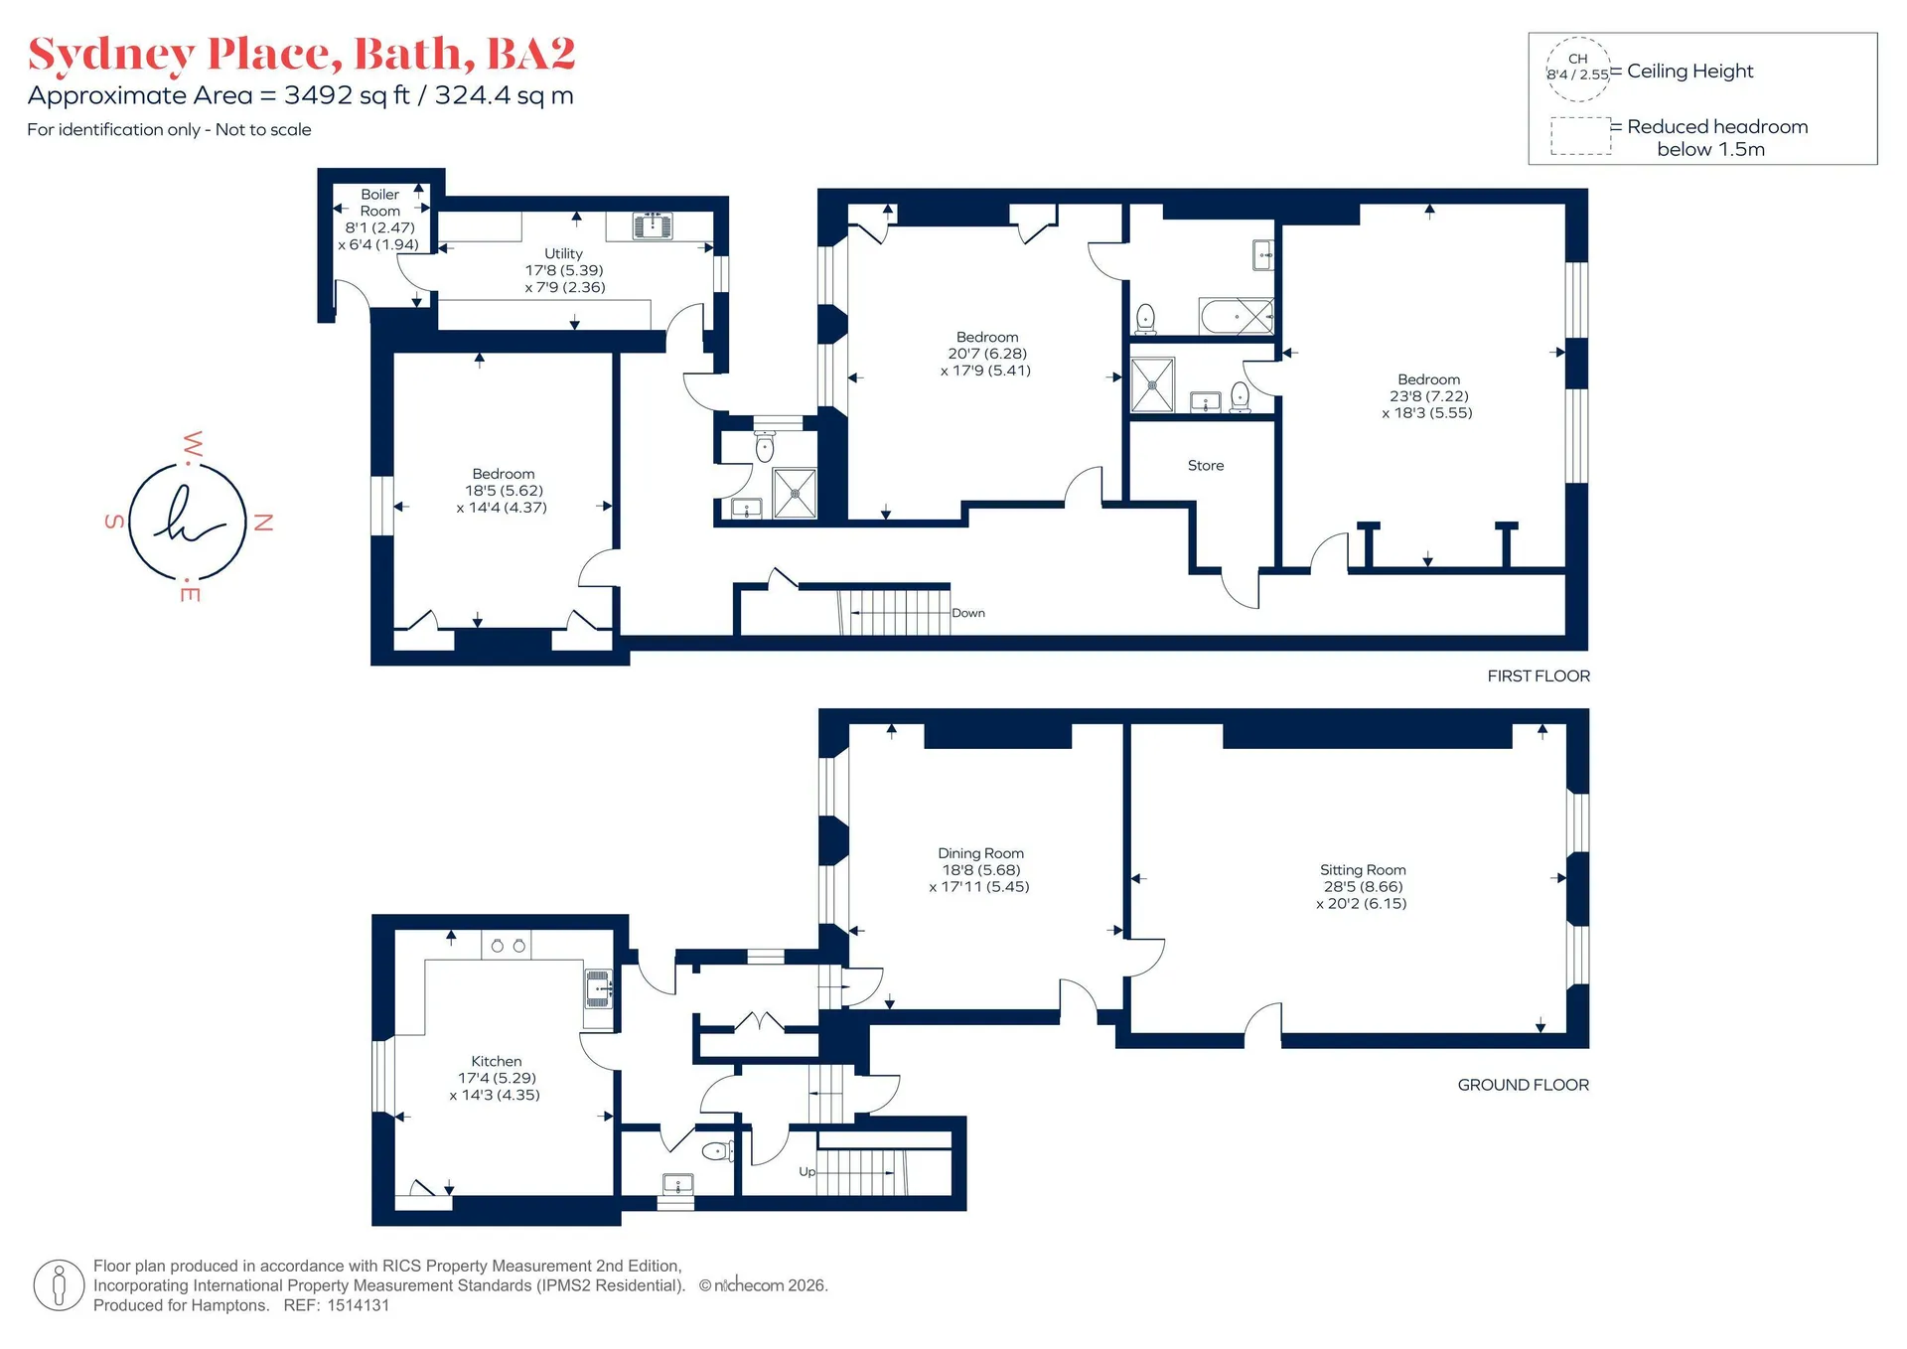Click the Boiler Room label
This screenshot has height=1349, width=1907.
coord(380,203)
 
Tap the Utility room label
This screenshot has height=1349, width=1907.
coord(563,253)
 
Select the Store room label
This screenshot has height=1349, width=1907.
coord(1206,465)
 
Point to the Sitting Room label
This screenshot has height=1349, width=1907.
coord(1363,869)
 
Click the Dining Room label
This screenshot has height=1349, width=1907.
coord(980,852)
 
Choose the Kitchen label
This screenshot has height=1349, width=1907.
coord(496,1061)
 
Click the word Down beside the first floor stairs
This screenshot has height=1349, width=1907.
coord(968,613)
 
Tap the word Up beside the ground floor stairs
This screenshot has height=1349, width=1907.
coord(807,1172)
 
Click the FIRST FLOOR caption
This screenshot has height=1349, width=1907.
coord(1539,675)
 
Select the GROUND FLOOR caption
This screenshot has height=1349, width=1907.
coord(1524,1085)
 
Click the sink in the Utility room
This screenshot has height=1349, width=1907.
coord(653,225)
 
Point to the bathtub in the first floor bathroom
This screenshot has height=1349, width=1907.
coord(1237,316)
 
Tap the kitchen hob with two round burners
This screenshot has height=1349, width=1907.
coord(507,945)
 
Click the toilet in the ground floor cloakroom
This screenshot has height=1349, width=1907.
coord(718,1151)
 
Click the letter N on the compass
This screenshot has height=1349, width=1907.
coord(263,523)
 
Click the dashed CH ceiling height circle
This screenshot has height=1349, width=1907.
coord(1577,69)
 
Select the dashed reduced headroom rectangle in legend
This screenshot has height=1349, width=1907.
coord(1581,136)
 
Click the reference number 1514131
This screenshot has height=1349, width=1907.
coord(359,1305)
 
